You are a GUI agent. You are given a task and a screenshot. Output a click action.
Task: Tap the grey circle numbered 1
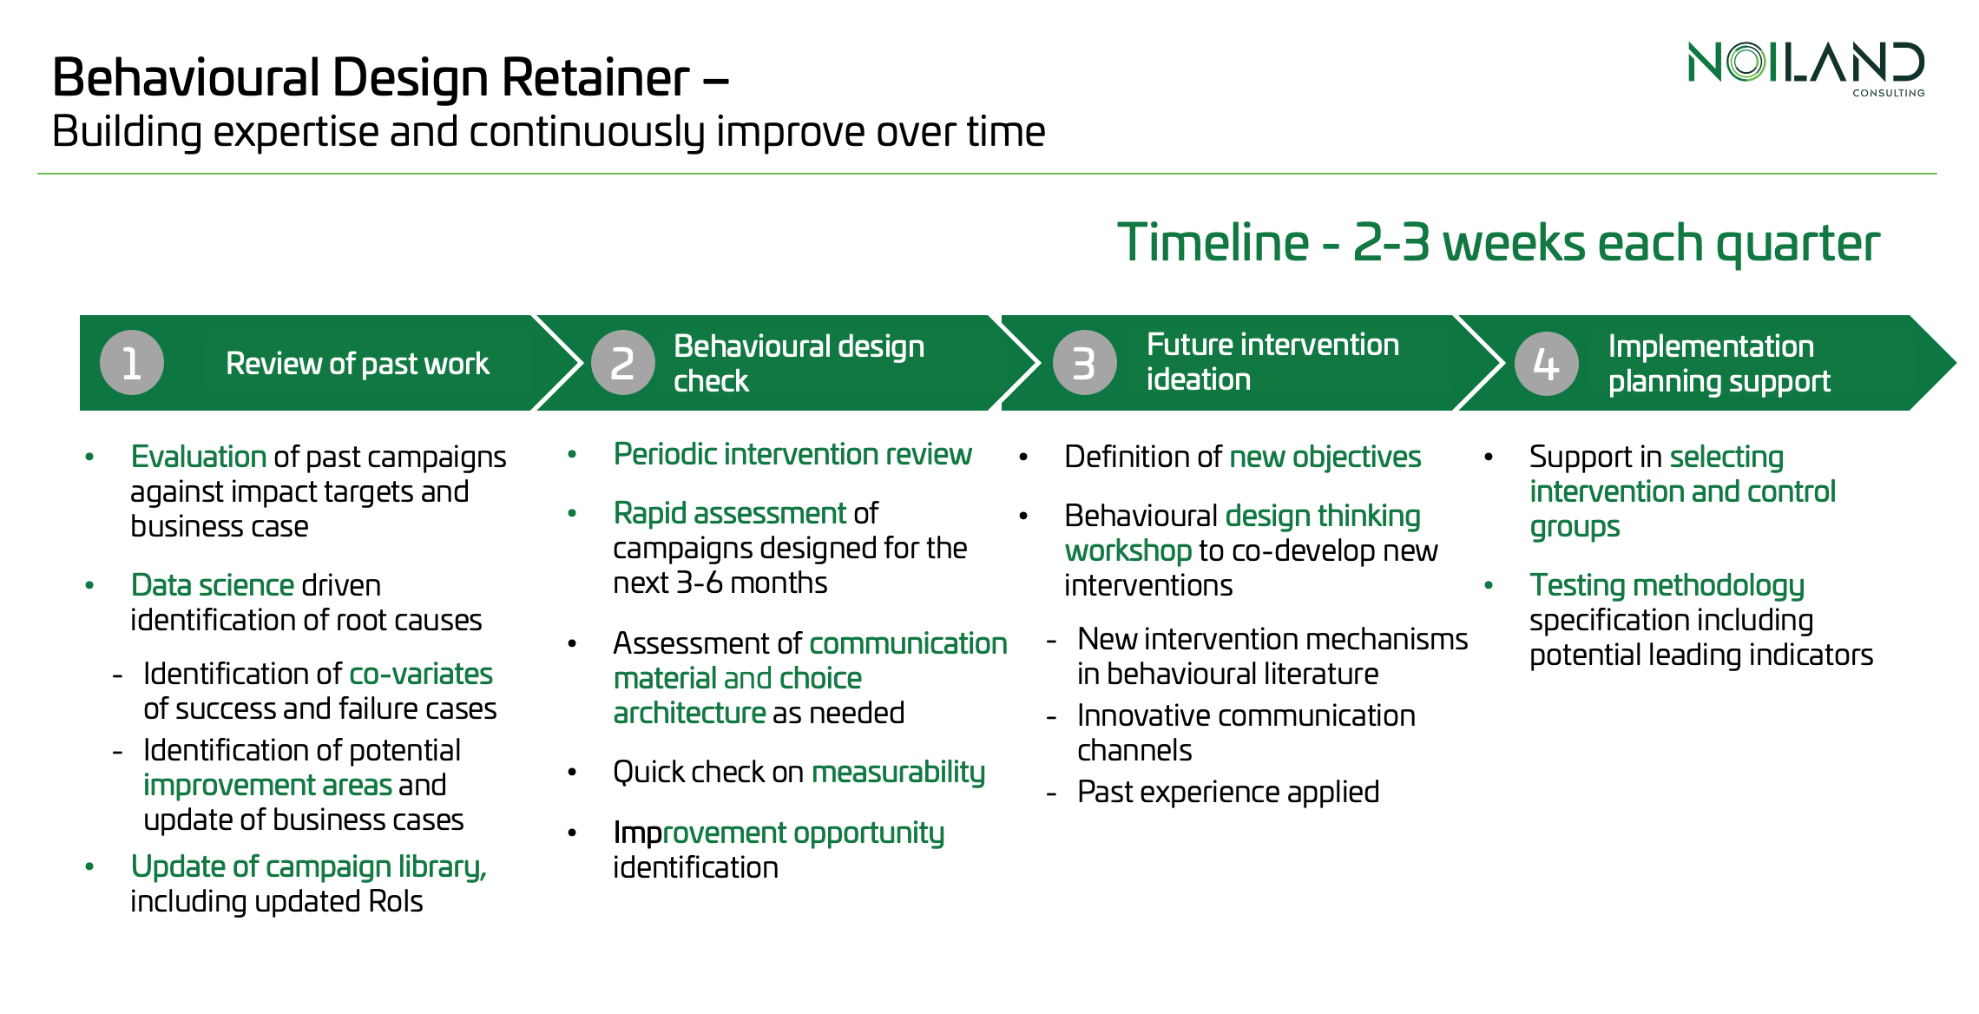coord(132,363)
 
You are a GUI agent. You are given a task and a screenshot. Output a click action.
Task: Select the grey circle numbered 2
coord(622,363)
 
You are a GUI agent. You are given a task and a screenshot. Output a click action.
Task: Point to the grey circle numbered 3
coord(1084,363)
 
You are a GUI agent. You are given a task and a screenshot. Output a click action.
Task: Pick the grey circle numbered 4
coord(1546,364)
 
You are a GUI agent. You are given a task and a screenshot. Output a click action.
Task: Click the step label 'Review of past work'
coord(357,364)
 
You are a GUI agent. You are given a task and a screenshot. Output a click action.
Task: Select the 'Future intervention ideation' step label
coord(1272,362)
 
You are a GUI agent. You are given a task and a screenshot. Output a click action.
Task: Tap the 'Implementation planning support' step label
coord(1719,364)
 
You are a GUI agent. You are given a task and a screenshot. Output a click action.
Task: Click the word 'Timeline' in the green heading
coord(1213,242)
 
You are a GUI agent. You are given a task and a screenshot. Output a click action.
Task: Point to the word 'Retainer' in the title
coord(595,78)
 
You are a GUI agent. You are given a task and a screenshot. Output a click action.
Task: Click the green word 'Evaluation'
coord(198,457)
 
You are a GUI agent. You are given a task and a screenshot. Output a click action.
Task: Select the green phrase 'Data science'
coord(212,585)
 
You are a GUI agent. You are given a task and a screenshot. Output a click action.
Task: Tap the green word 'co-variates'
coord(420,674)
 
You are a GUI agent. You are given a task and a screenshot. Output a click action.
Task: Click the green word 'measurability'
coord(898,772)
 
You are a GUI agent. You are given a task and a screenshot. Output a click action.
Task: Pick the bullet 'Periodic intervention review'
coord(792,454)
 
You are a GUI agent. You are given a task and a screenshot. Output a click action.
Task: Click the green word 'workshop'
coord(1128,550)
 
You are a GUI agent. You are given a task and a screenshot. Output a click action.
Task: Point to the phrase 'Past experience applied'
coord(1227,792)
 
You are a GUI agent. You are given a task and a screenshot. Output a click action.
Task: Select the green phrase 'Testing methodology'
coord(1667,585)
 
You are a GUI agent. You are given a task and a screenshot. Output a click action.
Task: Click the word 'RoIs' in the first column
coord(395,901)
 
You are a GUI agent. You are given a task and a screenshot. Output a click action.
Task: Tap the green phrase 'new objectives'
coord(1325,457)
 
